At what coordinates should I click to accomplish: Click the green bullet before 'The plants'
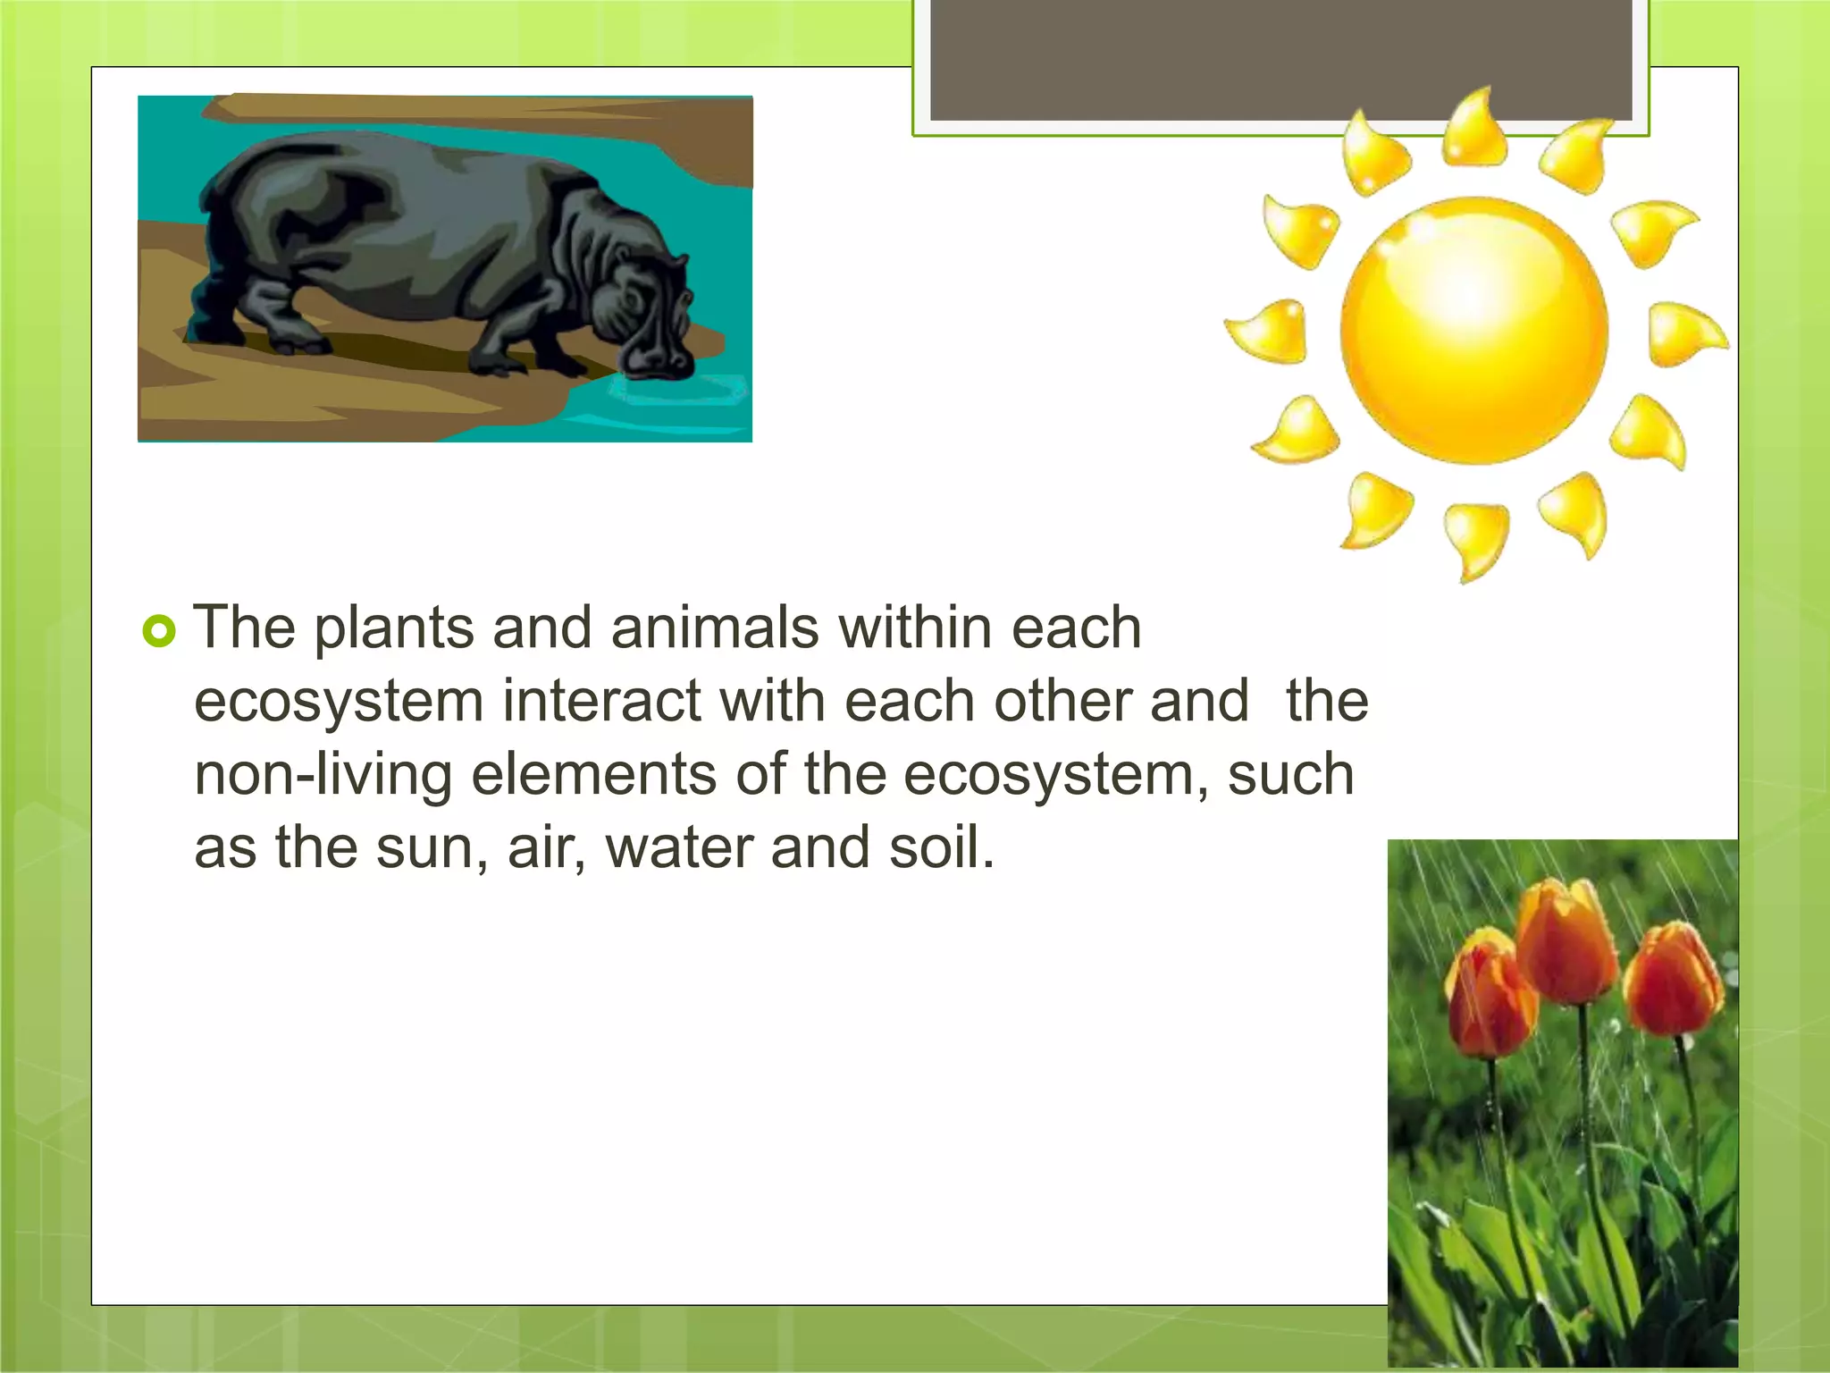(159, 632)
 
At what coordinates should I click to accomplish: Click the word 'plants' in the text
(394, 629)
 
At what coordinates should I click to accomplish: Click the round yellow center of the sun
(1473, 330)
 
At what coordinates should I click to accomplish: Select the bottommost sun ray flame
(1474, 539)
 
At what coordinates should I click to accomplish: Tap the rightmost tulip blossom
(1673, 979)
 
